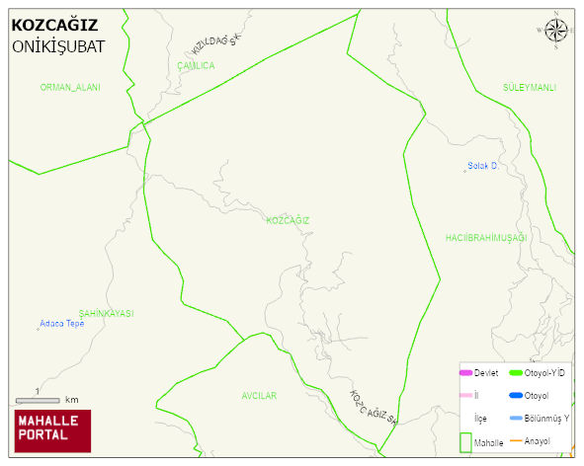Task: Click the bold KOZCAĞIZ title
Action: pyautogui.click(x=54, y=26)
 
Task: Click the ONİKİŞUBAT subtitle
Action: pyautogui.click(x=58, y=46)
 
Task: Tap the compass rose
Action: pyautogui.click(x=556, y=32)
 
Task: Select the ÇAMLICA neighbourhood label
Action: pyautogui.click(x=195, y=66)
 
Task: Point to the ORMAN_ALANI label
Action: pyautogui.click(x=70, y=88)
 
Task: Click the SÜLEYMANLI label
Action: pyautogui.click(x=529, y=88)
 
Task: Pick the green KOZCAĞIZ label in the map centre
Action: pyautogui.click(x=288, y=220)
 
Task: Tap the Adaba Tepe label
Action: pyautogui.click(x=61, y=323)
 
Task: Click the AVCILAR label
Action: pyautogui.click(x=259, y=396)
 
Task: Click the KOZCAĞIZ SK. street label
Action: pyautogui.click(x=374, y=407)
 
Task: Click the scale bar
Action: pyautogui.click(x=37, y=400)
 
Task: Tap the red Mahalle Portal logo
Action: pyautogui.click(x=52, y=429)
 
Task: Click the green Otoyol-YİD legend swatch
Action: pyautogui.click(x=515, y=373)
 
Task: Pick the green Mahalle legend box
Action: pyautogui.click(x=465, y=441)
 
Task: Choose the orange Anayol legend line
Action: pyautogui.click(x=515, y=440)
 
